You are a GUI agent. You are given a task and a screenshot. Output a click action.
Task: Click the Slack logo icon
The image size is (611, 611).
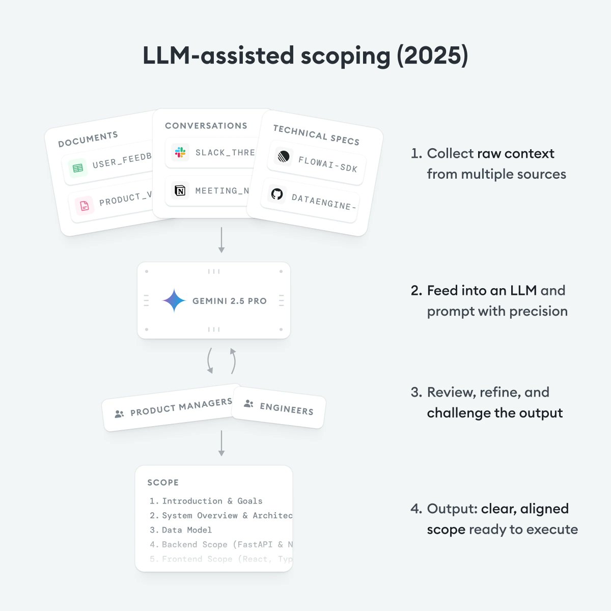(x=180, y=152)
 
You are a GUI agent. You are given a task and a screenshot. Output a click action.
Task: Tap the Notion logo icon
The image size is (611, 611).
(x=180, y=191)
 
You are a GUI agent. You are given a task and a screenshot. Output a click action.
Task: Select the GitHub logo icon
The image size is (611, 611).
(x=277, y=194)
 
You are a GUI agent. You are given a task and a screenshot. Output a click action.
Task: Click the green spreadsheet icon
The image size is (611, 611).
(x=78, y=168)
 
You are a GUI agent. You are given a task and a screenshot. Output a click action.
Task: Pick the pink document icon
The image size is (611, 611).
(x=85, y=206)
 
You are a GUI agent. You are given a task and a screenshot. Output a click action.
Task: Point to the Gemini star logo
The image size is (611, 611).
(x=174, y=300)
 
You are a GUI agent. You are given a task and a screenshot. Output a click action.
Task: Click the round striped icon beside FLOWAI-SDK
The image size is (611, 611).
(x=283, y=156)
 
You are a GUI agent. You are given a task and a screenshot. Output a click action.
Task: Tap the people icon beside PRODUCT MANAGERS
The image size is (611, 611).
(x=119, y=414)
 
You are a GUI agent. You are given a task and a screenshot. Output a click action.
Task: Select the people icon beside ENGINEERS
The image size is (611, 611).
(x=248, y=404)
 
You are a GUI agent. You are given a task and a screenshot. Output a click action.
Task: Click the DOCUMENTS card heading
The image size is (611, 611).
(x=88, y=138)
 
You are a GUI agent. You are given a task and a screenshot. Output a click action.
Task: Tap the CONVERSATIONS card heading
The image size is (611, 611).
(x=206, y=126)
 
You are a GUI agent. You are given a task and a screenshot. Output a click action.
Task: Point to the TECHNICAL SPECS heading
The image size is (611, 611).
(x=316, y=135)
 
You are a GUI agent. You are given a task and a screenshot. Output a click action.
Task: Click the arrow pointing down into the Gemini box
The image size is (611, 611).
(x=221, y=240)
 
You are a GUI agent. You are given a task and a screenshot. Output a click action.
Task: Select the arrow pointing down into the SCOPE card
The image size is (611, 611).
(x=221, y=443)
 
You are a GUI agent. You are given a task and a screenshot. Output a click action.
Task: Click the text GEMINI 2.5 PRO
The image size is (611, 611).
(x=230, y=301)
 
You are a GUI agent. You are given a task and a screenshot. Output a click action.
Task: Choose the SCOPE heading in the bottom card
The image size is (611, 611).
(x=163, y=482)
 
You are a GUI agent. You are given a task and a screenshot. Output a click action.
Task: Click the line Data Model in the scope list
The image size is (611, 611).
(x=186, y=530)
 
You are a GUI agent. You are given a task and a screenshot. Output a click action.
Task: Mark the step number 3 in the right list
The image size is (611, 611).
(x=415, y=393)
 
